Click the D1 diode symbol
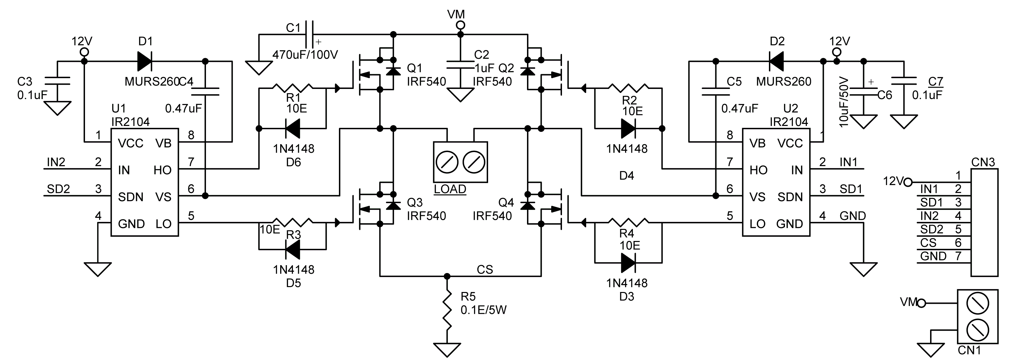(144, 61)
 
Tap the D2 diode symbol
(776, 61)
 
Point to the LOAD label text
(450, 189)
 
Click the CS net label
(484, 270)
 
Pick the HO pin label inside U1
(162, 170)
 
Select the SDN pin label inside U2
(790, 197)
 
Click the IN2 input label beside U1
(56, 162)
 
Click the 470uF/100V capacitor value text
(305, 55)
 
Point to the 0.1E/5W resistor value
(484, 310)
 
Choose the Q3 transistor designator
(415, 202)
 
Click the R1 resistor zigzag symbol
(293, 88)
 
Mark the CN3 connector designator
(983, 163)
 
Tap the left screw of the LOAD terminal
(447, 162)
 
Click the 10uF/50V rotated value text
(844, 102)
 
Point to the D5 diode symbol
(293, 249)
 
